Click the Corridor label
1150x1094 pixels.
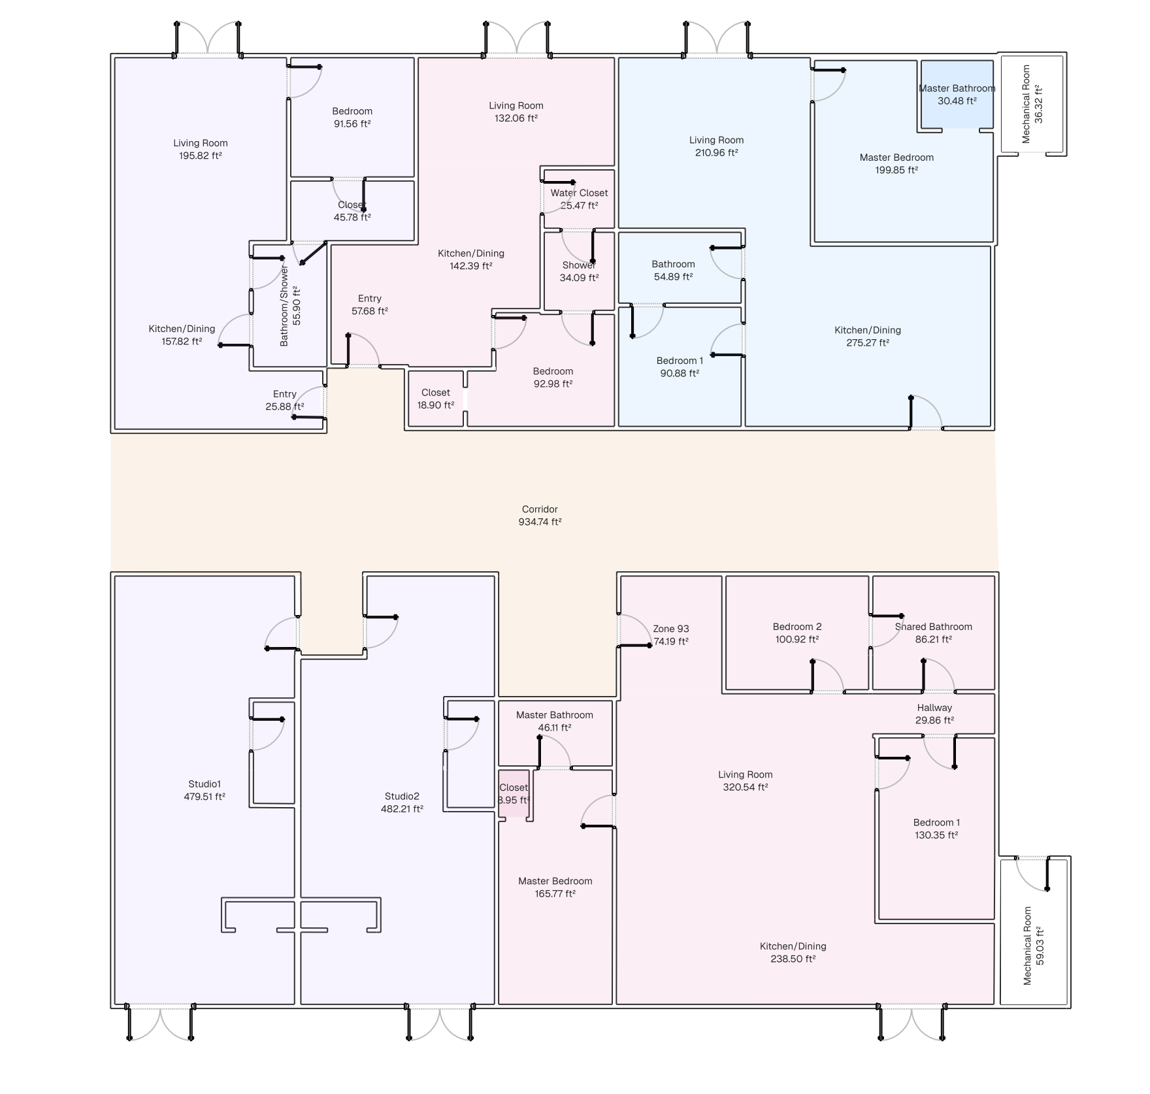click(x=540, y=509)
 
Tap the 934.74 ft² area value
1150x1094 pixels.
click(x=540, y=522)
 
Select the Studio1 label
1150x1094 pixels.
click(x=205, y=784)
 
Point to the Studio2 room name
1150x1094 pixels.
click(x=402, y=796)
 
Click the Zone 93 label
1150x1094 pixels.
click(x=671, y=629)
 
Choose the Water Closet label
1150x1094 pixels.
click(x=579, y=193)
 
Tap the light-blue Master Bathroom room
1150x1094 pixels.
click(x=957, y=95)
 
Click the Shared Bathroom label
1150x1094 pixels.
click(x=933, y=627)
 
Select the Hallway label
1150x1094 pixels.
click(x=934, y=708)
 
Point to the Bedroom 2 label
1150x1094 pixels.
click(x=797, y=627)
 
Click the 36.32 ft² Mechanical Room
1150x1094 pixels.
click(x=1032, y=105)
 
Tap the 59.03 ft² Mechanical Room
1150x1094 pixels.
click(x=1034, y=932)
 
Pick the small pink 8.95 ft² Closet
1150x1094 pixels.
click(x=514, y=793)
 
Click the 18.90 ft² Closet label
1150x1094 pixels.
click(x=436, y=393)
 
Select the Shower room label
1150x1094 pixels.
click(x=579, y=265)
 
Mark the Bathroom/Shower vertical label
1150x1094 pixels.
click(x=284, y=306)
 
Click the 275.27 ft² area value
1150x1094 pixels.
click(x=868, y=343)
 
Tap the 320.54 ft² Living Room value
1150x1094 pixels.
click(x=746, y=787)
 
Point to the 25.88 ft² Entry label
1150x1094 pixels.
click(x=285, y=394)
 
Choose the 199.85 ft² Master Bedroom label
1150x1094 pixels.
click(x=896, y=157)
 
